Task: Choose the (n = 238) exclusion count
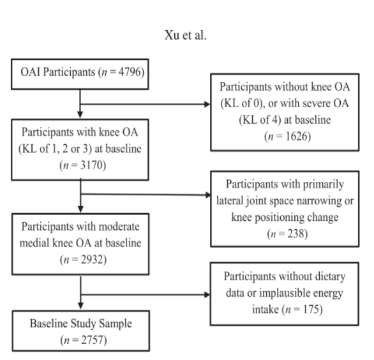pos(280,234)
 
